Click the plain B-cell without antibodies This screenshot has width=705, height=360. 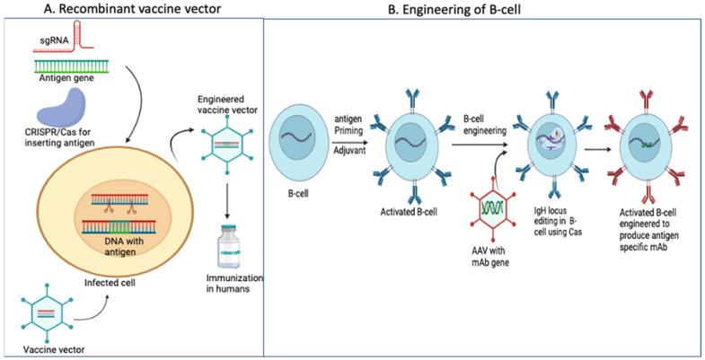tap(304, 139)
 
